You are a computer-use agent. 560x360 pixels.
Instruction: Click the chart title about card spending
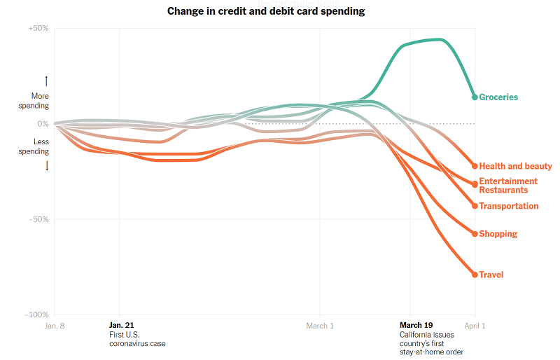[x=265, y=11]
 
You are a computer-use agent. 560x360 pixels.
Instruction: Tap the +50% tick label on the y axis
[x=38, y=29]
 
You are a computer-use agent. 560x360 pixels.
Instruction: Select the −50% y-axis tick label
[x=38, y=219]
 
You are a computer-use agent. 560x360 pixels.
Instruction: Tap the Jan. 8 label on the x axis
[x=55, y=326]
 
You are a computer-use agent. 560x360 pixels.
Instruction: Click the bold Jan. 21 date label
[x=121, y=325]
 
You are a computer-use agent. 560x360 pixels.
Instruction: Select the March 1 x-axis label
[x=320, y=326]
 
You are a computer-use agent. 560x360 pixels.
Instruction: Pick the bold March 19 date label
[x=416, y=325]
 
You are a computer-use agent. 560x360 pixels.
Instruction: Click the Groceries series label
[x=498, y=97]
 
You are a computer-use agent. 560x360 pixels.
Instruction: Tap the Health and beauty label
[x=515, y=167]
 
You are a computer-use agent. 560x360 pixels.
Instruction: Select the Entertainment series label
[x=508, y=181]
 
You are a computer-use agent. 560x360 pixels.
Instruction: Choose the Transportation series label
[x=509, y=207]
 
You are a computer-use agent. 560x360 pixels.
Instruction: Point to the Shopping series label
[x=498, y=234]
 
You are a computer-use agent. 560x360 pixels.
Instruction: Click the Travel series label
[x=491, y=275]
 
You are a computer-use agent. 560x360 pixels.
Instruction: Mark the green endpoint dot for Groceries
[x=475, y=97]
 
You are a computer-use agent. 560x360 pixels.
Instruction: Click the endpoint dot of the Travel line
[x=475, y=275]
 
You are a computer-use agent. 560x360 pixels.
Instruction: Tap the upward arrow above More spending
[x=47, y=81]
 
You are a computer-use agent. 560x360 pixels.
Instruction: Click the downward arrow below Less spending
[x=47, y=165]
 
